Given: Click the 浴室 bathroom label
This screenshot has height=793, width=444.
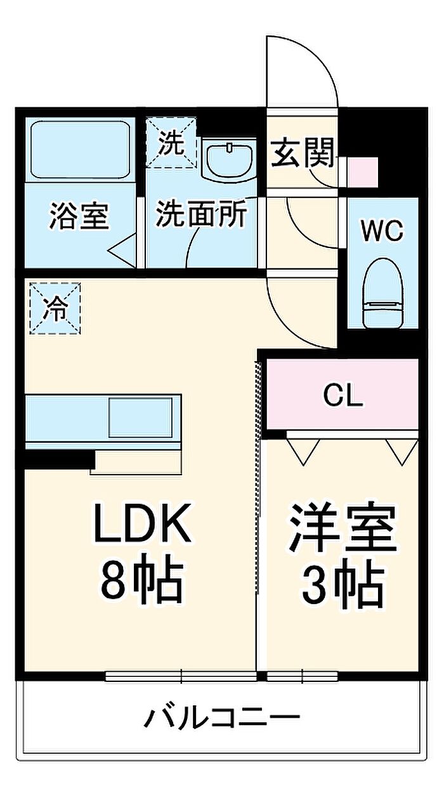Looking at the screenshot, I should click(79, 216).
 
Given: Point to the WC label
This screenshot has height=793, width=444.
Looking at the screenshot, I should click(382, 232).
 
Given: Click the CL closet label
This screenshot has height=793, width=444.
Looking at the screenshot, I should click(343, 396).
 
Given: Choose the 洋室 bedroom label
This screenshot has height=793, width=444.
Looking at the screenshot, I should click(343, 528).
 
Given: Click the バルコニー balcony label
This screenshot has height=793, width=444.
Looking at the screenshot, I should click(221, 718).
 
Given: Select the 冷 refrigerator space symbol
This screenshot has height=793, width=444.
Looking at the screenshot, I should click(56, 308).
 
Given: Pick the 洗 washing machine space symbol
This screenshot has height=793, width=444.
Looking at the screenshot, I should click(171, 144).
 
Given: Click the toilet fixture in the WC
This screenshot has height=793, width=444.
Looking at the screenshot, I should click(383, 293).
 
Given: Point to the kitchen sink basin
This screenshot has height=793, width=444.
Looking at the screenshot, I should click(140, 418).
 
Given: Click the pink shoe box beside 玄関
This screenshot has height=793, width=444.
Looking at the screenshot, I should click(364, 171).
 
